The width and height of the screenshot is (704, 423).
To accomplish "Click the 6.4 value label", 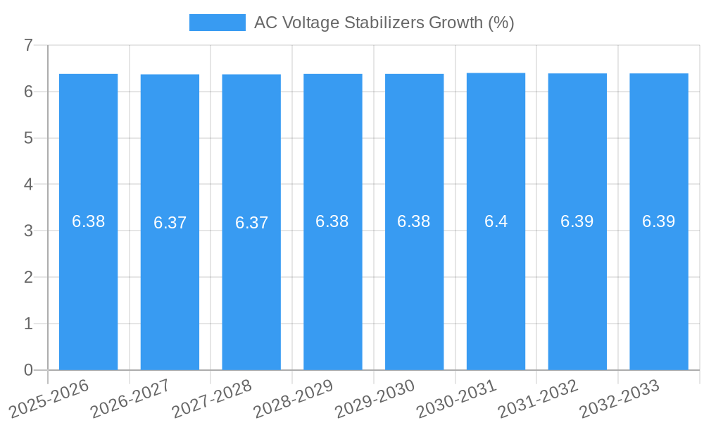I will point(496,221).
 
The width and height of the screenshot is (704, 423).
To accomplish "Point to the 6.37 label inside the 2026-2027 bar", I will point(170,223).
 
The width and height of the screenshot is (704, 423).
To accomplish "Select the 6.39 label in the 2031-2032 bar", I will point(577,221).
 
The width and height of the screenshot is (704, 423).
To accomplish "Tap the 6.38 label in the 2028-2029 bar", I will point(332,221).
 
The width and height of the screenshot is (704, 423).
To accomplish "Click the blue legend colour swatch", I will point(217,23).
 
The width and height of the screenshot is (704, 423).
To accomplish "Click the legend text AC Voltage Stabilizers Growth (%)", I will point(384,23).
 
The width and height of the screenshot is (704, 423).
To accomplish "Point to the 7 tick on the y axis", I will point(28,45).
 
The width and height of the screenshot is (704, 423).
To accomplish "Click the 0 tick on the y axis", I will point(28,370).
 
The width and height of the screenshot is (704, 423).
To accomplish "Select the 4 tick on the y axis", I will point(28,185).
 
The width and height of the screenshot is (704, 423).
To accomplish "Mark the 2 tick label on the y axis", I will point(28,278).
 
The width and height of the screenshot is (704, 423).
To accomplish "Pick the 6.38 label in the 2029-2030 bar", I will point(414,221).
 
